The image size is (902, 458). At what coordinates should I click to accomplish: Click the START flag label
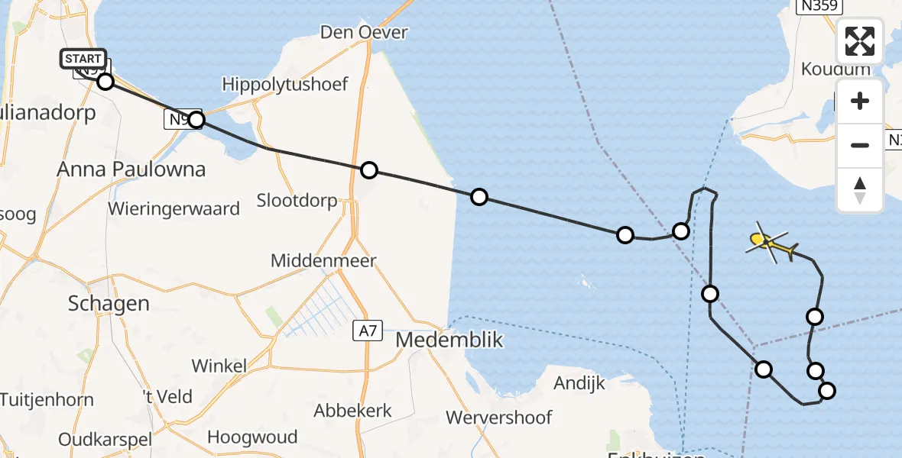pyautogui.click(x=83, y=59)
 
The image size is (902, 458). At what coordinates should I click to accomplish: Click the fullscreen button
pyautogui.click(x=860, y=41)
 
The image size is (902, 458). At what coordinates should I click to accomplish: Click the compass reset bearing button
pyautogui.click(x=860, y=189)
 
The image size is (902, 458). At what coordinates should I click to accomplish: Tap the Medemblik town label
pyautogui.click(x=449, y=340)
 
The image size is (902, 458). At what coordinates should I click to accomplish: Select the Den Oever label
pyautogui.click(x=364, y=33)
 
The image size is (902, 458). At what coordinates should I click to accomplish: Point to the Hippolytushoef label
pyautogui.click(x=285, y=84)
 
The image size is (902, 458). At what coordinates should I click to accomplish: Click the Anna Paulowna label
pyautogui.click(x=131, y=169)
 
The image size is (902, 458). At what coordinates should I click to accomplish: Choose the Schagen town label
pyautogui.click(x=109, y=303)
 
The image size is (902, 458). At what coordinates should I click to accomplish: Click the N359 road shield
pyautogui.click(x=819, y=6)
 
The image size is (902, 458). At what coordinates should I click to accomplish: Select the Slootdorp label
pyautogui.click(x=297, y=201)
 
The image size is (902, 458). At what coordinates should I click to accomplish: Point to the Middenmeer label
pyautogui.click(x=323, y=261)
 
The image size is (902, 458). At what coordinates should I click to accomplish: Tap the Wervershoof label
pyautogui.click(x=498, y=418)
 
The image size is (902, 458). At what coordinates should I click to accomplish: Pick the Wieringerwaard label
pyautogui.click(x=174, y=208)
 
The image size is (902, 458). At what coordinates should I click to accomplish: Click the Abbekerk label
pyautogui.click(x=352, y=410)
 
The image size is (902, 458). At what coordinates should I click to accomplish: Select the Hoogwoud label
pyautogui.click(x=252, y=438)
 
